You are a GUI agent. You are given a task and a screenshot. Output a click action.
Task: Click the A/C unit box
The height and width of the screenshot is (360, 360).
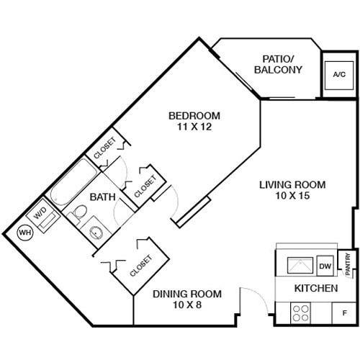337,75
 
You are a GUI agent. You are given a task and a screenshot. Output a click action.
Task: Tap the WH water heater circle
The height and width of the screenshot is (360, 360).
24,233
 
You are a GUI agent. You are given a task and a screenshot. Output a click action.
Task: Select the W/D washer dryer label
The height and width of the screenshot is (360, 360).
39,215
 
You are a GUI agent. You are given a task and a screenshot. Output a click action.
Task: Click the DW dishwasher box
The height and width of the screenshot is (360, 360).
325,266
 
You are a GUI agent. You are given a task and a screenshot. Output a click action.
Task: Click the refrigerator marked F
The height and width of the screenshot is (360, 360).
344,313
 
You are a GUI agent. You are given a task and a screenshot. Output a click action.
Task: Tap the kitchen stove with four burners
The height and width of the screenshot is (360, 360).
302,313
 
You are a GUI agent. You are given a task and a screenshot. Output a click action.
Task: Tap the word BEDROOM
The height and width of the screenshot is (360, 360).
194,115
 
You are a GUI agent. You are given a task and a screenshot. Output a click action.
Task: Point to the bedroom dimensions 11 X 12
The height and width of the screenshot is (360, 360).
194,127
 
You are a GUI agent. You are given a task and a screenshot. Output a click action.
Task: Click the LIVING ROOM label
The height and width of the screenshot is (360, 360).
292,184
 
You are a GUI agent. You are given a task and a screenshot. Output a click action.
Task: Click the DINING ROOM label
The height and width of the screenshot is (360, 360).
186,294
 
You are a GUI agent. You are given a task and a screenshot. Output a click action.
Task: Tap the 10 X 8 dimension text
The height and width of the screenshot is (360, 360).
186,305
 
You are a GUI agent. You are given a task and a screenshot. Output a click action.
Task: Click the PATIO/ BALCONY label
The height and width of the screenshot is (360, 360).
278,64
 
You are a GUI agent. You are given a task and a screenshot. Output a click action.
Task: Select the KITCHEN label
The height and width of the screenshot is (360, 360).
316,289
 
